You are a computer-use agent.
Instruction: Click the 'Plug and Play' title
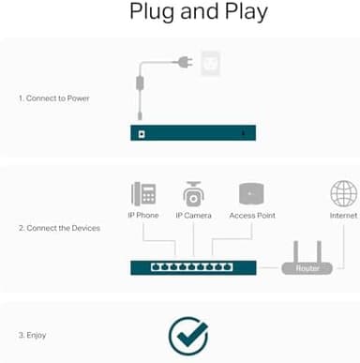(198, 12)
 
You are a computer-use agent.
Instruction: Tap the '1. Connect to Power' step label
(55, 98)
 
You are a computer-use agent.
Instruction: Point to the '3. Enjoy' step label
(32, 335)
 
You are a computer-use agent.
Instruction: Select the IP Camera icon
(194, 194)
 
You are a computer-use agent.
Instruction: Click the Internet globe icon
(343, 194)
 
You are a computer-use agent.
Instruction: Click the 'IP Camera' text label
(194, 216)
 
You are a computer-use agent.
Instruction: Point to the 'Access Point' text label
(253, 216)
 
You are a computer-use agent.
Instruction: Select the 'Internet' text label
(343, 216)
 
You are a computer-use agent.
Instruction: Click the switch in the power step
(192, 133)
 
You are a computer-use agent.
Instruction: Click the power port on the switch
(141, 133)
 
